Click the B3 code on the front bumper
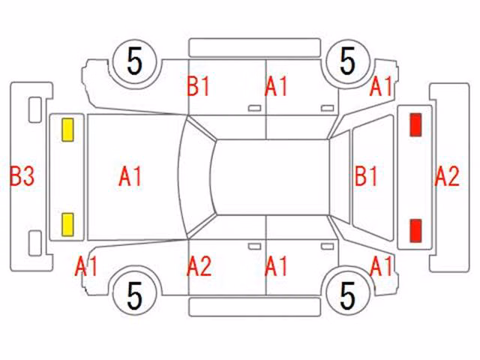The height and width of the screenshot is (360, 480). pos(22,176)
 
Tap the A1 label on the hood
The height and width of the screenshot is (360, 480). pos(130,176)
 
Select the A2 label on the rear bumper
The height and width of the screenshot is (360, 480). pos(447,176)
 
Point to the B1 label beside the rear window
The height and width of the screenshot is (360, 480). pos(366,176)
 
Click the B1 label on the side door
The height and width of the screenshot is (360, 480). pos(198,86)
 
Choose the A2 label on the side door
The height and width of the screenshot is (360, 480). pos(199,266)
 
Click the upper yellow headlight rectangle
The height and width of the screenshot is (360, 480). pos(67,130)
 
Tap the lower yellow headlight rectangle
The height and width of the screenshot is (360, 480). pos(67,225)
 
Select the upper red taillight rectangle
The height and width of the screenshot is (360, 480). pos(415,124)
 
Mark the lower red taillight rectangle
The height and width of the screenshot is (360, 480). pos(415,231)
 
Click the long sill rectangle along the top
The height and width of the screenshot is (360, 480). pos(255,48)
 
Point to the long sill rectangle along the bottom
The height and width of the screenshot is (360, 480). pos(255,307)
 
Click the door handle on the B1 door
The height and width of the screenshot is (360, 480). pos(254,108)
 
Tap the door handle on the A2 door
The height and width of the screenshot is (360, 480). pos(254,247)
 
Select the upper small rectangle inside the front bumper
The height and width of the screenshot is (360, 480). pos(35,109)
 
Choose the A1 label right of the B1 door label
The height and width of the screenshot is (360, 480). pos(276,86)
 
